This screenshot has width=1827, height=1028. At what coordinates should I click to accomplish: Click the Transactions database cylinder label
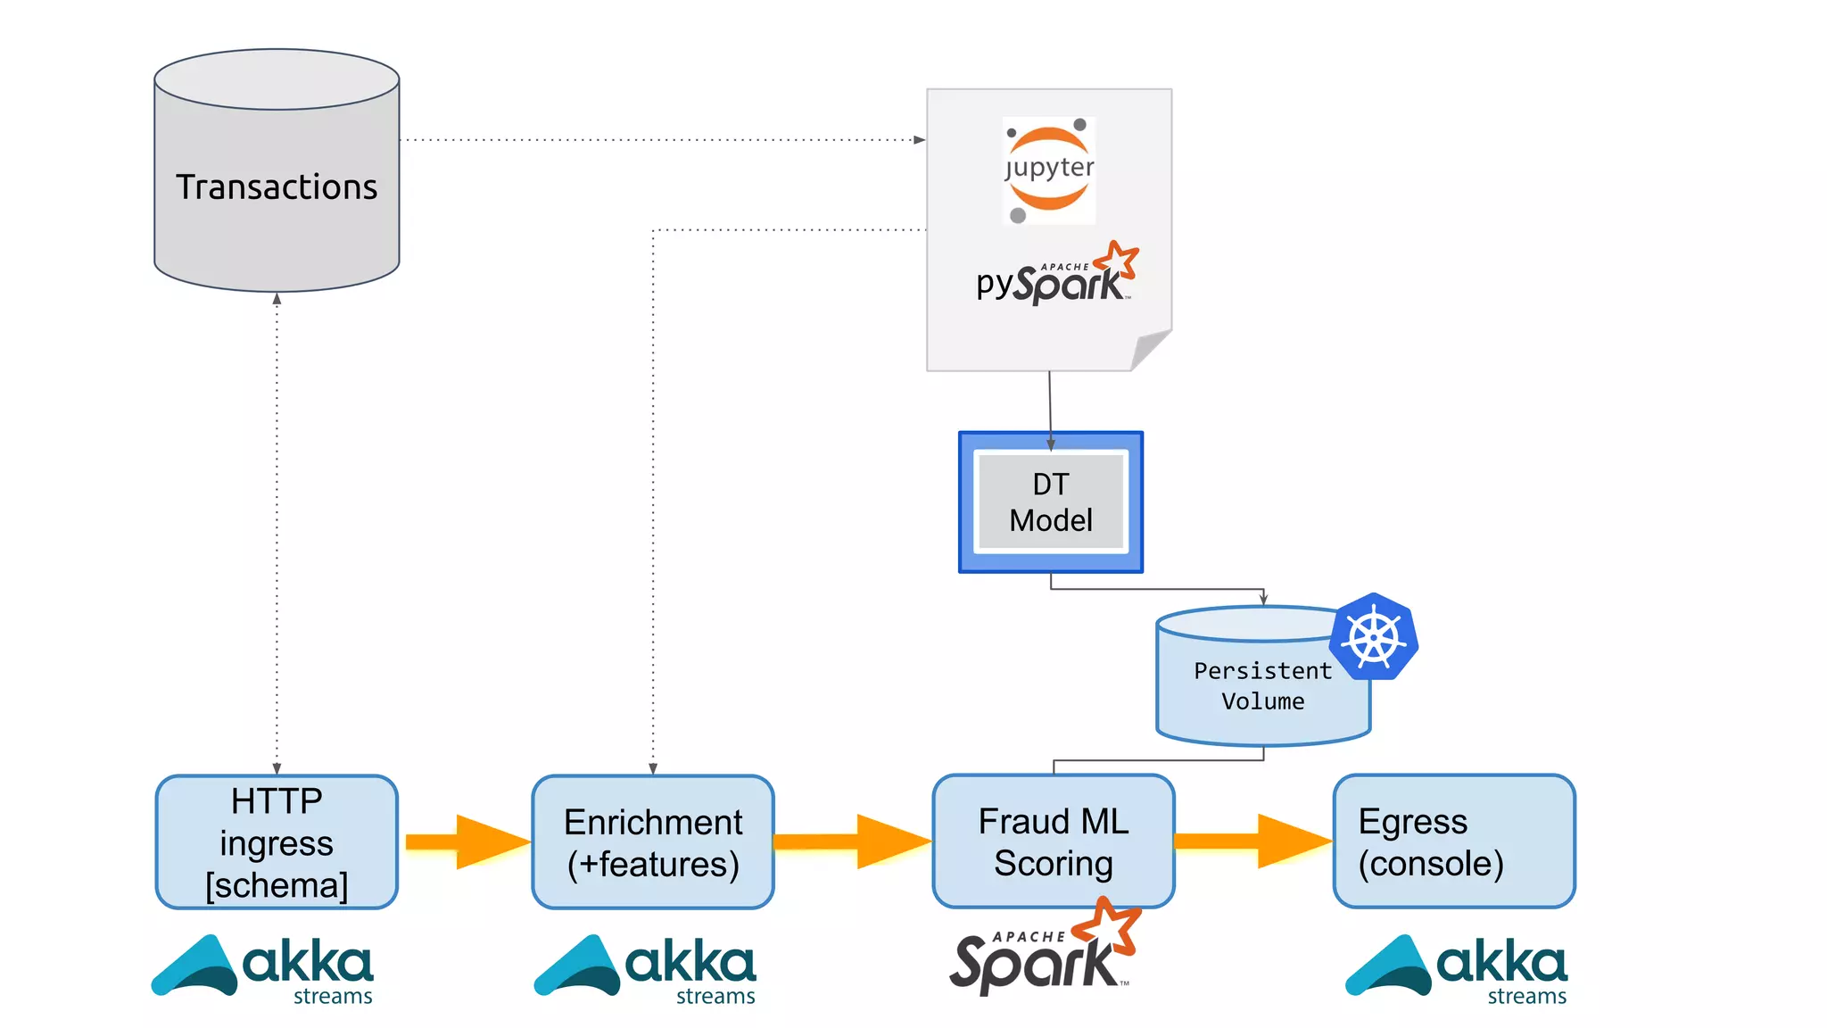(x=277, y=187)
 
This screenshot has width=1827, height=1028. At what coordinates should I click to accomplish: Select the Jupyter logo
(x=1049, y=170)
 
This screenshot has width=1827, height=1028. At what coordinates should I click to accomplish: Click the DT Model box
(x=1051, y=502)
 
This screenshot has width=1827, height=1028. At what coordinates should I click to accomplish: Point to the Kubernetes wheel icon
(x=1374, y=637)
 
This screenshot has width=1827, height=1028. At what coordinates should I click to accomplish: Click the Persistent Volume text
(x=1262, y=685)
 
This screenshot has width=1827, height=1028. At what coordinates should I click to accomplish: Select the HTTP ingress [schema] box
(x=277, y=841)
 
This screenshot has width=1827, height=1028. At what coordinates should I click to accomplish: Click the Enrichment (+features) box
(x=653, y=841)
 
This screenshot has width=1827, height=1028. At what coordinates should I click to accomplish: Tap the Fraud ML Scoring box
(x=1054, y=841)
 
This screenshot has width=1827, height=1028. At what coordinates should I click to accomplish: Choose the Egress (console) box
(x=1454, y=841)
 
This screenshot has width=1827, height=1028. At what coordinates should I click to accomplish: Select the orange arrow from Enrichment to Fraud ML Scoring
(x=852, y=841)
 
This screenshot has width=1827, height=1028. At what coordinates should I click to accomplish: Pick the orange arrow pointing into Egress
(x=1253, y=841)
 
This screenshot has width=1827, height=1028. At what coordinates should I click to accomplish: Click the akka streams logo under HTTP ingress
(x=264, y=968)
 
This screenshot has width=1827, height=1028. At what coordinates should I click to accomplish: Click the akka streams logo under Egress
(x=1458, y=968)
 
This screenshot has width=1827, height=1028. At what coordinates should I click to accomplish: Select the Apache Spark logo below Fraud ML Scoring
(x=1044, y=953)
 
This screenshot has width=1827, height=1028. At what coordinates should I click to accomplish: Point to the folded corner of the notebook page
(x=1151, y=350)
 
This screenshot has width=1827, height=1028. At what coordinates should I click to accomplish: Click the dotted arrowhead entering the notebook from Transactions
(x=920, y=139)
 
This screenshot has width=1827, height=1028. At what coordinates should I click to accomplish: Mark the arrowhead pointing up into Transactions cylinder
(x=277, y=299)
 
